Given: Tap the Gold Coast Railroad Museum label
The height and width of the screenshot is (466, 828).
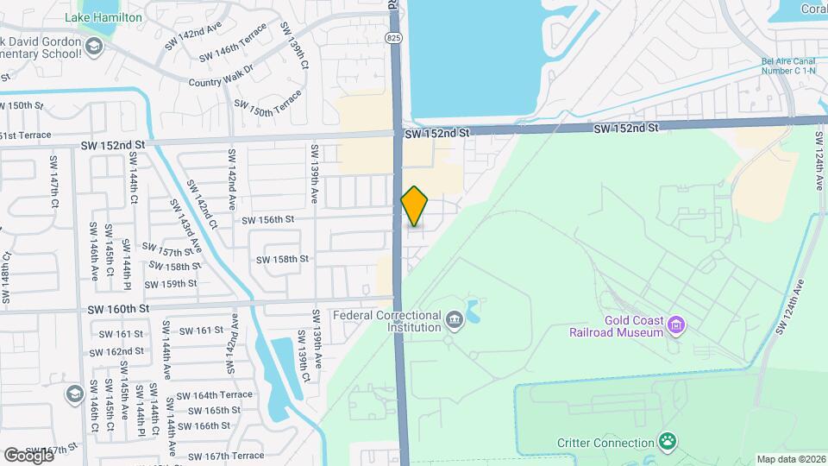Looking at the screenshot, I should click(616, 325).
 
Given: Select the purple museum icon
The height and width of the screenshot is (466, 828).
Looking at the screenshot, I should click(677, 325).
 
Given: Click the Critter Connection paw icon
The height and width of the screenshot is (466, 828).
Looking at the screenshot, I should click(667, 443).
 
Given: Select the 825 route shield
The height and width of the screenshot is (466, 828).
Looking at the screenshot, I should click(393, 38).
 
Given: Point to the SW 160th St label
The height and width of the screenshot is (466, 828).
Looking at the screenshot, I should click(118, 308).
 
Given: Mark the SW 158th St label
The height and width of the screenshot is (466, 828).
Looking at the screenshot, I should click(282, 259).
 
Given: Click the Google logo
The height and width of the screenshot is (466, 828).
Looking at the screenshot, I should click(28, 455).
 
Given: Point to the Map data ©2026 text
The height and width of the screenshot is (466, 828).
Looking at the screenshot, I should click(790, 459).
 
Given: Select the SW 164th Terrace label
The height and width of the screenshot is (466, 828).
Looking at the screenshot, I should click(214, 395).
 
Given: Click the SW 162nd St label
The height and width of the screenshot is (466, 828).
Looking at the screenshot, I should click(120, 351).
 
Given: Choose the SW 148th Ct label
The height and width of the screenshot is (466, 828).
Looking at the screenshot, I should click(6, 277).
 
